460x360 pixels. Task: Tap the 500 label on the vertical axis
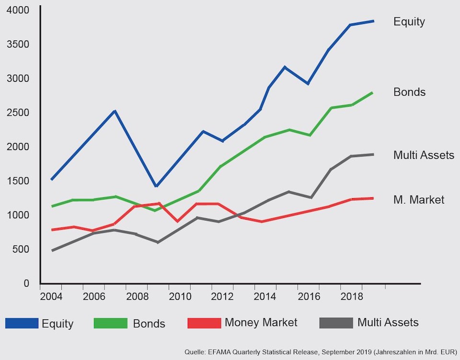pyautogui.click(x=21, y=249)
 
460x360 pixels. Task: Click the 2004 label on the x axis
pyautogui.click(x=51, y=297)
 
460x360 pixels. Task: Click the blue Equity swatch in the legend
pyautogui.click(x=22, y=323)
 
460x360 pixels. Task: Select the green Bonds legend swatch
pyautogui.click(x=111, y=323)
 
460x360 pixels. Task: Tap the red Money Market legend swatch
pyautogui.click(x=204, y=323)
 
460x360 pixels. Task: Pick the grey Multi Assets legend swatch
pyautogui.click(x=336, y=323)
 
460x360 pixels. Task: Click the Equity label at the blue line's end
pyautogui.click(x=409, y=22)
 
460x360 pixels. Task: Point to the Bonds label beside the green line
pyautogui.click(x=410, y=92)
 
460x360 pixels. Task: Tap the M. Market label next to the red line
pyautogui.click(x=419, y=200)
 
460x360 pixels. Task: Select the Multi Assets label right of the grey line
pyautogui.click(x=424, y=155)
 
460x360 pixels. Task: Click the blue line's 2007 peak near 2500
pyautogui.click(x=115, y=111)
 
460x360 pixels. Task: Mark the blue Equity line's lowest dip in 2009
pyautogui.click(x=156, y=186)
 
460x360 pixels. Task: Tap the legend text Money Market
pyautogui.click(x=261, y=323)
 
